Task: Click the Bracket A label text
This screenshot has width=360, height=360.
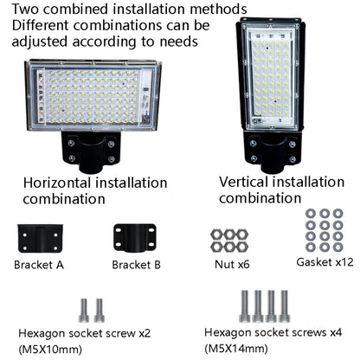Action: (39, 265)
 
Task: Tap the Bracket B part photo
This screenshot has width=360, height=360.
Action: (135, 238)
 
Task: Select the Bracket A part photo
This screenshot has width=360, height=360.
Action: (40, 238)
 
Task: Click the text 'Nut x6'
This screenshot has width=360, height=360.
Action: (232, 264)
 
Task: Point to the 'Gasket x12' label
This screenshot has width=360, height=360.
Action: (325, 262)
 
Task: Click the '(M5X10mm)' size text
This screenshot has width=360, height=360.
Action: (50, 350)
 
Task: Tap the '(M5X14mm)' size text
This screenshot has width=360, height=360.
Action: (236, 349)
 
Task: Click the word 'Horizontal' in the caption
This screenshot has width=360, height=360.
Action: (57, 183)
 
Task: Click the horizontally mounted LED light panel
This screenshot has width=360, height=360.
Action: (93, 96)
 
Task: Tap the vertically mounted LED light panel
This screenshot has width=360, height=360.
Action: (271, 74)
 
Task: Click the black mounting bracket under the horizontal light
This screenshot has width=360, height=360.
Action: (91, 151)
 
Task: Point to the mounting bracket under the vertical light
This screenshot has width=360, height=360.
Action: (272, 151)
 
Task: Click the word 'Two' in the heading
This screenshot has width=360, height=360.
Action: (25, 9)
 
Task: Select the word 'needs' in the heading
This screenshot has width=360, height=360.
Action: (179, 42)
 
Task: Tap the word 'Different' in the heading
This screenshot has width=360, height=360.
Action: (41, 25)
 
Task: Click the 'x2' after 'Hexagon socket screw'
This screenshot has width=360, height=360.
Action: (145, 333)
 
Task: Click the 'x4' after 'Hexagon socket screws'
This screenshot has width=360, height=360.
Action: (336, 332)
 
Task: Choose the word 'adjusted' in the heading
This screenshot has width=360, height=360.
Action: (40, 42)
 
